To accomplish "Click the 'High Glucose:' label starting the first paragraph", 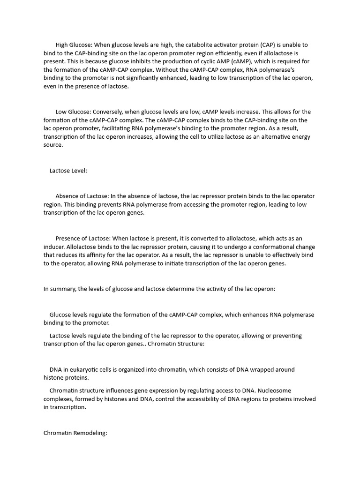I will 74,45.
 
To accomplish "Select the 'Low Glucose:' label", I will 73,112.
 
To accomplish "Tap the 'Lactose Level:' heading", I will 68,171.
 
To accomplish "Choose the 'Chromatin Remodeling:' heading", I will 75,433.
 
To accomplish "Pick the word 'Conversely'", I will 108,112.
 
